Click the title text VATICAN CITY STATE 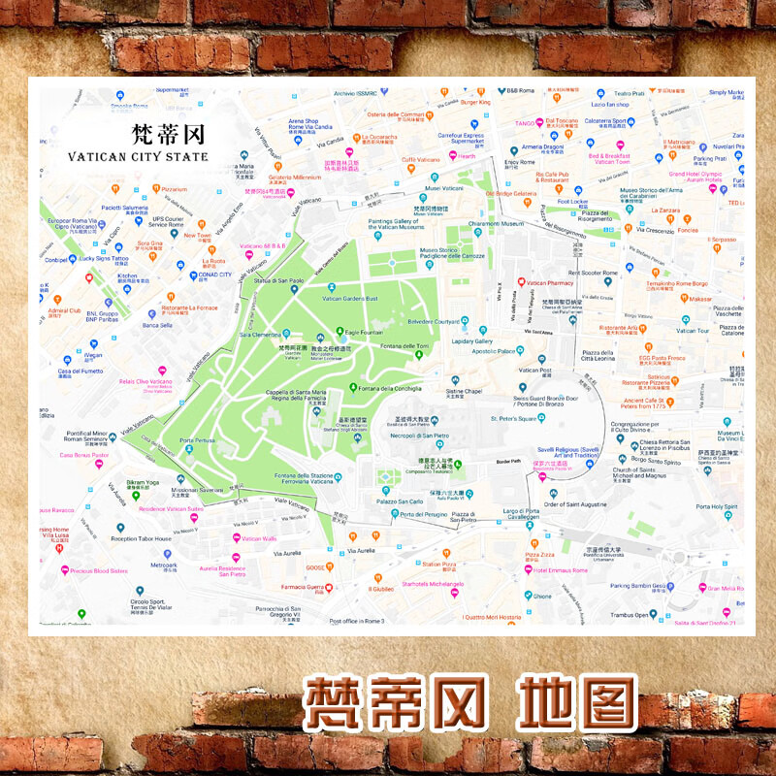click(x=138, y=155)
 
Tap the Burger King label click(x=475, y=102)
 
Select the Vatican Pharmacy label click(x=578, y=284)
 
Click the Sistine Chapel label click(x=464, y=391)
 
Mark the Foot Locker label click(x=572, y=202)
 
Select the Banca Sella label click(x=156, y=325)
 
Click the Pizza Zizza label click(x=566, y=555)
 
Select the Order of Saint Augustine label click(x=575, y=503)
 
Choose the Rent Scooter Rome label click(x=592, y=273)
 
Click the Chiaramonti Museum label click(x=497, y=223)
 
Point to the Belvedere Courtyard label click(x=433, y=320)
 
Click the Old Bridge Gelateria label click(x=510, y=193)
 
